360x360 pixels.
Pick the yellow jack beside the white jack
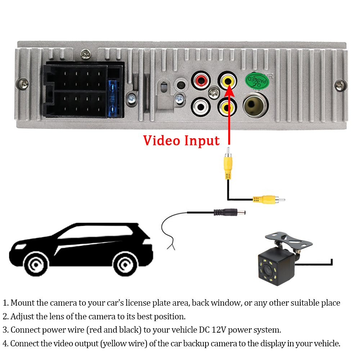pyautogui.click(x=227, y=107)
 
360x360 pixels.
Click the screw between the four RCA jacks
pyautogui.click(x=214, y=92)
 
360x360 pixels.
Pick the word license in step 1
pyautogui.click(x=150, y=303)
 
